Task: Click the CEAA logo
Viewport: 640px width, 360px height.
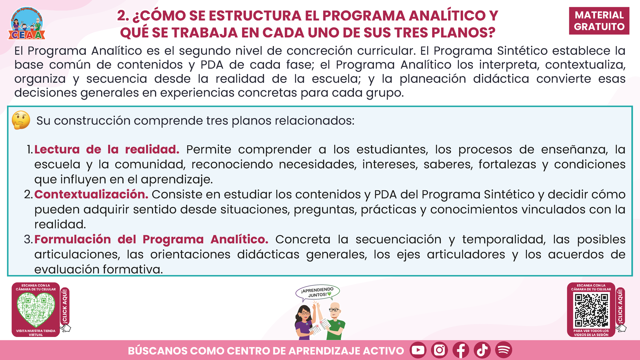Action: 27,23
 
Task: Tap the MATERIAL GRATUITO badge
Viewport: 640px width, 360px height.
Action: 599,21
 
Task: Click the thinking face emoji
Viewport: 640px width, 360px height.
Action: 21,120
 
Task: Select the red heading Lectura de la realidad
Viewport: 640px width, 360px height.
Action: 107,150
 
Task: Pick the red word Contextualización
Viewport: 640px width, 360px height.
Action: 91,195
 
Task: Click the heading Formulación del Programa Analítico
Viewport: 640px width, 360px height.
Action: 151,239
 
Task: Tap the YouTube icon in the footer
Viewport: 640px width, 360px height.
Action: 418,350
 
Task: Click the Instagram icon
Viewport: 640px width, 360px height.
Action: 439,350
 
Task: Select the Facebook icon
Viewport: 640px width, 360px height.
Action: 461,350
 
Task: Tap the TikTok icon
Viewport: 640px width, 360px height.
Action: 482,350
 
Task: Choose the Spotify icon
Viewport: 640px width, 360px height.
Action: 504,350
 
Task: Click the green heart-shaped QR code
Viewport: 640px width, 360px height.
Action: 36,309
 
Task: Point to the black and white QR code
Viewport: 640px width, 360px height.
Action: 591,310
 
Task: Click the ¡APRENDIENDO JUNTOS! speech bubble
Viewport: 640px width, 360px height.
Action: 317,292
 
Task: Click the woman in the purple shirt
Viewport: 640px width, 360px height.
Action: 305,322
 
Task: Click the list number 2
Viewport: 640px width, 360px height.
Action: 28,195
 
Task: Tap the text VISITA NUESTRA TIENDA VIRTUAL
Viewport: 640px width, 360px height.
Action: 36,333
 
